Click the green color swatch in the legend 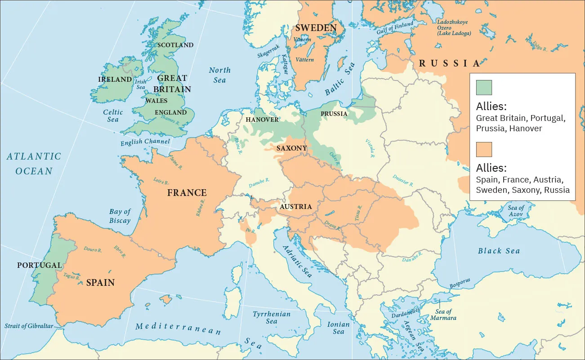(484, 87)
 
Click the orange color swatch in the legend (484, 149)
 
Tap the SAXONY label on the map (291, 148)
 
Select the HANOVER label (262, 120)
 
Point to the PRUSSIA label (334, 114)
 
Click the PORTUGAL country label (39, 265)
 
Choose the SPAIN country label (100, 283)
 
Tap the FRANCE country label (187, 193)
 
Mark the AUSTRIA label (295, 207)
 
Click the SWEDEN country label (316, 28)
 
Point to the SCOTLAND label (175, 45)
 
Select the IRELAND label (115, 80)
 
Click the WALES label (156, 101)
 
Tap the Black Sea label (499, 251)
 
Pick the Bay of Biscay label (120, 216)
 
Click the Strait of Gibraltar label (29, 326)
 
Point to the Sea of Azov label (516, 210)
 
